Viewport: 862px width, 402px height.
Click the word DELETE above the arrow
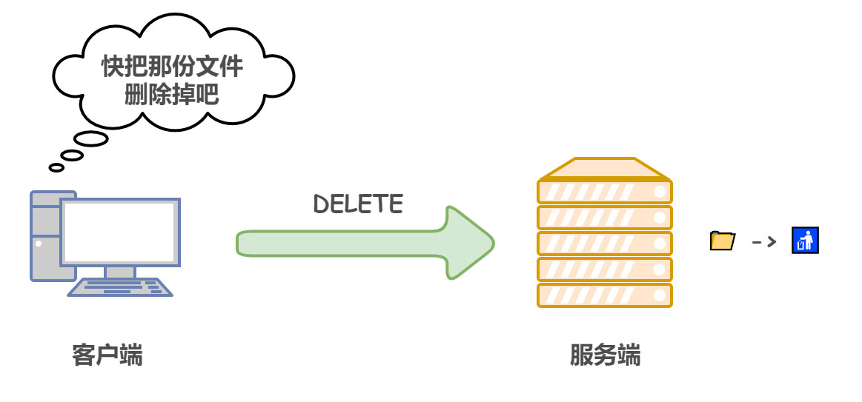point(358,204)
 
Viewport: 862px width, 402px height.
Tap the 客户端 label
point(107,355)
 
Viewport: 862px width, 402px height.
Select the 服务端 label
point(605,355)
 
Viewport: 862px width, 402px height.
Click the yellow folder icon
point(722,241)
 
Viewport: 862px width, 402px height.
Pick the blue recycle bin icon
point(804,241)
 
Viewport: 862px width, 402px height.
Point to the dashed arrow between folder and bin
point(763,241)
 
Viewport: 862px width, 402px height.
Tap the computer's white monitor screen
point(119,231)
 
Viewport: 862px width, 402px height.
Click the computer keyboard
point(120,287)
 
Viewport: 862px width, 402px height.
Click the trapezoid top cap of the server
point(604,170)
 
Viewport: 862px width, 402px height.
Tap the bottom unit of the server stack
point(604,295)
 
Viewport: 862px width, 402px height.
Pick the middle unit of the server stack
point(604,244)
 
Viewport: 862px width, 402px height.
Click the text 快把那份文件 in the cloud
point(172,67)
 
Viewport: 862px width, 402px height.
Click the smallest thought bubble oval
point(56,167)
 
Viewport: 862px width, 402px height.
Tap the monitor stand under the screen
point(119,272)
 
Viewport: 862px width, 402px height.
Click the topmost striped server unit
point(604,192)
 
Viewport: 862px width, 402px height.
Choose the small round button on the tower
point(39,242)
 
